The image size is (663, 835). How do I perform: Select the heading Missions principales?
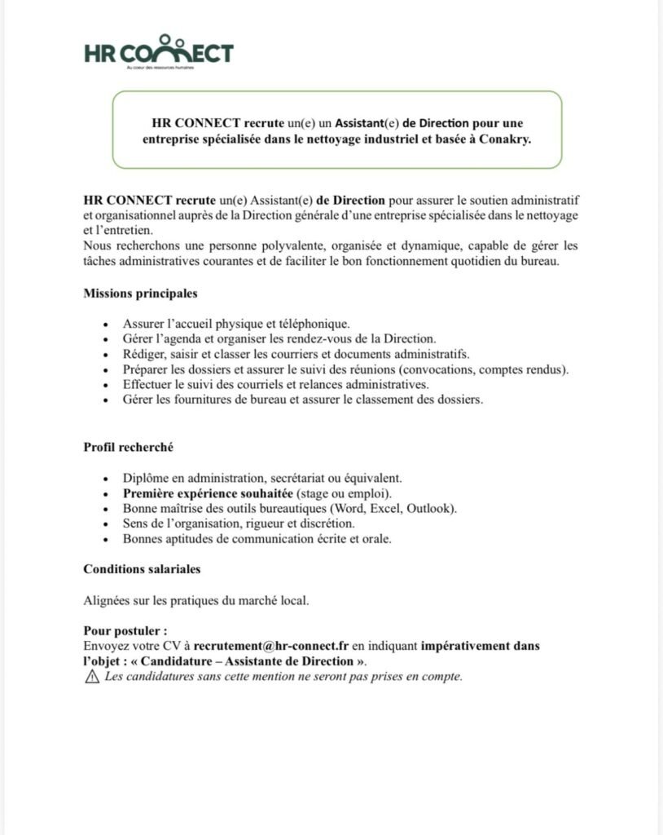pos(140,294)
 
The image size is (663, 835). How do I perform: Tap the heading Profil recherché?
pos(128,447)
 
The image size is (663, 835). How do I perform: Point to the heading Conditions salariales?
pos(142,569)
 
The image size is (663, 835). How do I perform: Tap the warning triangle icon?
pos(91,677)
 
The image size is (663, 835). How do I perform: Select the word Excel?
pos(386,509)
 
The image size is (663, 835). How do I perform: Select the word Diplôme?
pos(146,478)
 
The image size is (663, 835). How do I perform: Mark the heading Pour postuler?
pos(125,631)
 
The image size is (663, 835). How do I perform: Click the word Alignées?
pos(107,601)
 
